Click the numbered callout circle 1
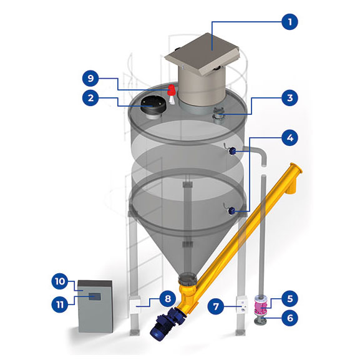point(289,22)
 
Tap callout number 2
point(90,98)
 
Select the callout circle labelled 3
point(289,98)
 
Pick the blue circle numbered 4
point(289,138)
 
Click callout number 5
point(289,299)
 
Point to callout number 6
point(289,318)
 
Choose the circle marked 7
point(216,306)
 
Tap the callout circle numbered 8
point(168,299)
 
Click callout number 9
point(90,78)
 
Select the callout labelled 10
point(60,281)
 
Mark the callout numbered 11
point(60,304)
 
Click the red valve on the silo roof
point(172,90)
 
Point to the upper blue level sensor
point(232,152)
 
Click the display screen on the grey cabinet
point(95,296)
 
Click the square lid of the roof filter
point(202,54)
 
